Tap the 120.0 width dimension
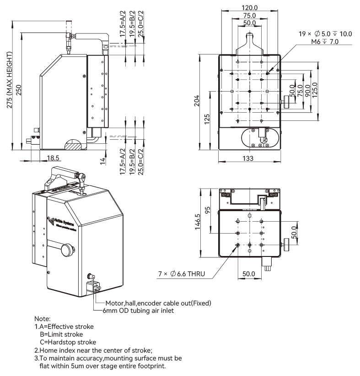pyautogui.click(x=249, y=7)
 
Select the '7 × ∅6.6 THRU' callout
pyautogui.click(x=182, y=274)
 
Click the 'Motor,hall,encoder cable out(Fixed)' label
pyautogui.click(x=158, y=303)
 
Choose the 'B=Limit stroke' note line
pyautogui.click(x=61, y=334)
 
